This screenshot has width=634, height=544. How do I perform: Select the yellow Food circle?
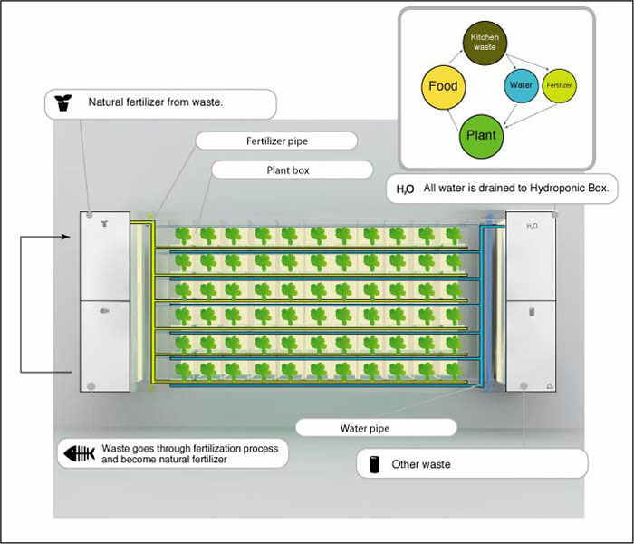tap(442, 87)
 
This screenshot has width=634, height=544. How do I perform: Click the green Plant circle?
tap(481, 135)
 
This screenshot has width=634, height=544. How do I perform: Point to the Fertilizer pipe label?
tap(276, 141)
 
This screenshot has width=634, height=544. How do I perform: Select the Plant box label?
tap(291, 170)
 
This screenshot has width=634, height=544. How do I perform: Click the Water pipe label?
tap(364, 428)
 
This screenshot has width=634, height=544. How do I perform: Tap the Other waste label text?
tap(420, 464)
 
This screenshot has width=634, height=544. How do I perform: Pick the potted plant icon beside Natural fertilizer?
tap(63, 102)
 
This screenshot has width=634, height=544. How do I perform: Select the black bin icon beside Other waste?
tap(373, 463)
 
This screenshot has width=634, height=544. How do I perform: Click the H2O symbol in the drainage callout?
tap(405, 190)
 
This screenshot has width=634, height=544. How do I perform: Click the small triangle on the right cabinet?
tap(549, 386)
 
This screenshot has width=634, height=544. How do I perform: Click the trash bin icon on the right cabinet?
tap(532, 312)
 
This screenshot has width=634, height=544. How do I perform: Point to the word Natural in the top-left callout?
tap(105, 102)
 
